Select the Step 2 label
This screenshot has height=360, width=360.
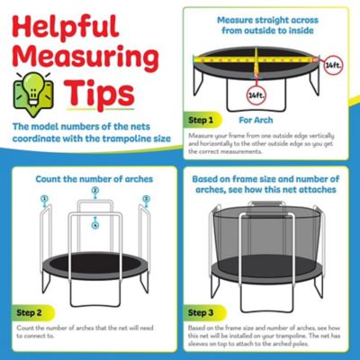pyautogui.click(x=30, y=312)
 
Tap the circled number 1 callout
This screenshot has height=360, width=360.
pyautogui.click(x=43, y=198)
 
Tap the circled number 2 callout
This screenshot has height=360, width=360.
pyautogui.click(x=94, y=191)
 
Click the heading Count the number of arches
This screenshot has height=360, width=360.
pyautogui.click(x=94, y=178)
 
